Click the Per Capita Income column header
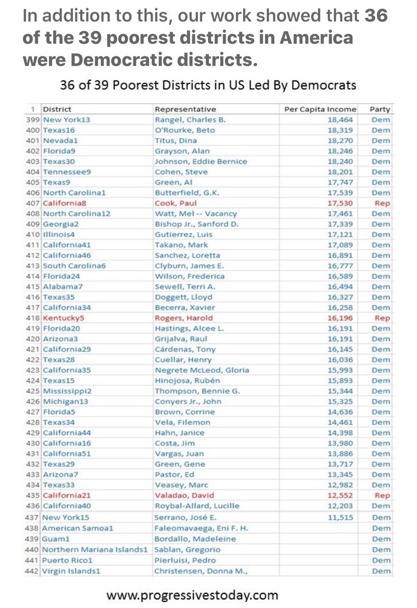[x=320, y=109]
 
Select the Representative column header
[x=185, y=109]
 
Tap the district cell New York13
[x=63, y=120]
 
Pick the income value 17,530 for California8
[x=343, y=203]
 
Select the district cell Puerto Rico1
[x=67, y=560]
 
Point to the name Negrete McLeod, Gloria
[x=202, y=370]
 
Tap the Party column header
[x=380, y=109]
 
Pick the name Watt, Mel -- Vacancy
[x=196, y=214]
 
